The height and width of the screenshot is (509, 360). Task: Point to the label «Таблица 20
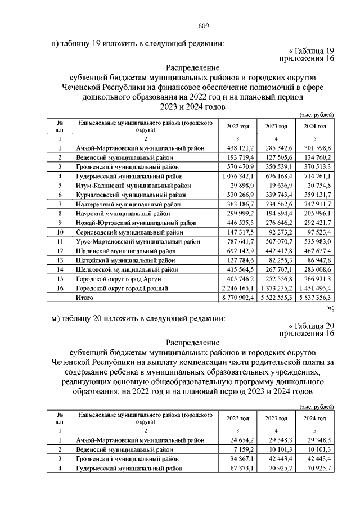coord(310,326)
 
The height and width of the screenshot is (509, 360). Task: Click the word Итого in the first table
coord(86,297)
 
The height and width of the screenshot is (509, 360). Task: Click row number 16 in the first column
coord(60,288)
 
